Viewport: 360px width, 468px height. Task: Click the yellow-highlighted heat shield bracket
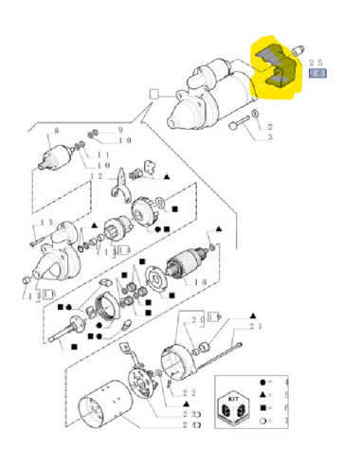(273, 70)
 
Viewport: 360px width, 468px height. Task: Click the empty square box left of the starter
(153, 94)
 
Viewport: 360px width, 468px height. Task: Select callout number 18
(198, 281)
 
